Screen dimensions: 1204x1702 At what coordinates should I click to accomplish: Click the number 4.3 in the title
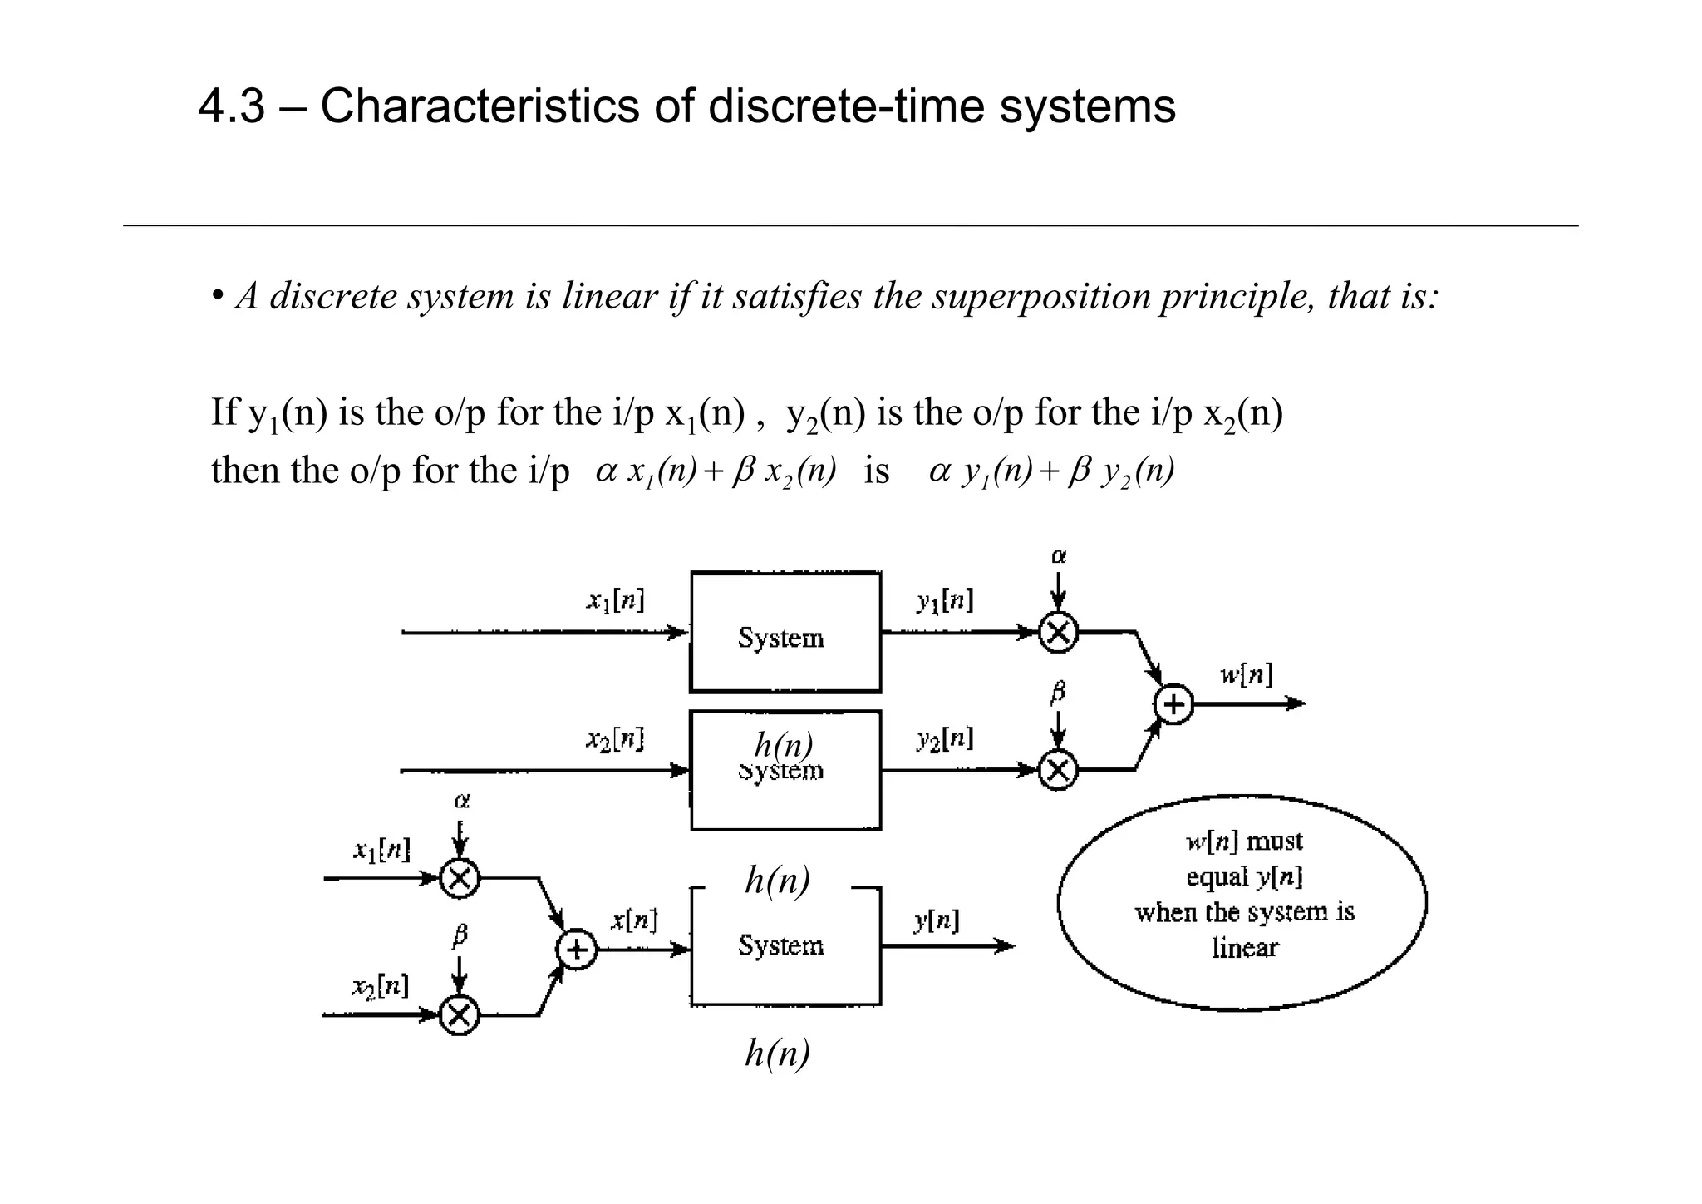point(232,107)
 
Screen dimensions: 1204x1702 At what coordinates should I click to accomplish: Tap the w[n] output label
point(1246,674)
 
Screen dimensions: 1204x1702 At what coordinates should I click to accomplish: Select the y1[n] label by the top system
point(945,600)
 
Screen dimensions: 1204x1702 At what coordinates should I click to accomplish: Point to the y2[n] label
point(945,738)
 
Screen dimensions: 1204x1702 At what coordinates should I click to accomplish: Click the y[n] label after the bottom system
point(937,920)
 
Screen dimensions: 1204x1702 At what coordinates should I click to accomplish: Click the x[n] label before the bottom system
point(634,920)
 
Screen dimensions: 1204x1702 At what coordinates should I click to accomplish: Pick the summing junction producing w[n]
point(1173,705)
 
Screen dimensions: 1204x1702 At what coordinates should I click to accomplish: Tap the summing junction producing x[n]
point(577,950)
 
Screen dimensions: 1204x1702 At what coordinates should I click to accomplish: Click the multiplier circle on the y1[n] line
point(1058,633)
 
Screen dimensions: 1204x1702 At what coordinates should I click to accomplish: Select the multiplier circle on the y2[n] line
point(1058,770)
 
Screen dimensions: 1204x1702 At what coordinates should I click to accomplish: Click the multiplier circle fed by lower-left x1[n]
point(460,878)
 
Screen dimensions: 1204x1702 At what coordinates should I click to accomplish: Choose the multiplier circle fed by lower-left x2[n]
point(459,1015)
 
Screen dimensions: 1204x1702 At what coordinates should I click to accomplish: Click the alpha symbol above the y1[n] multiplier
point(1059,556)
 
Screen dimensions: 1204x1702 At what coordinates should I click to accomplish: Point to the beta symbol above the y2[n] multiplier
point(1058,692)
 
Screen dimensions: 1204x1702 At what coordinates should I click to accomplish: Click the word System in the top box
point(781,638)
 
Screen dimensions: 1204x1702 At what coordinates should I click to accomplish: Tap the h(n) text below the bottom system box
point(777,1053)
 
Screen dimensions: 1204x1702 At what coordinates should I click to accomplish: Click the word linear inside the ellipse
point(1245,947)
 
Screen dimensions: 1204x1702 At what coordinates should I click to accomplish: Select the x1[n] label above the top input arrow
point(615,600)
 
